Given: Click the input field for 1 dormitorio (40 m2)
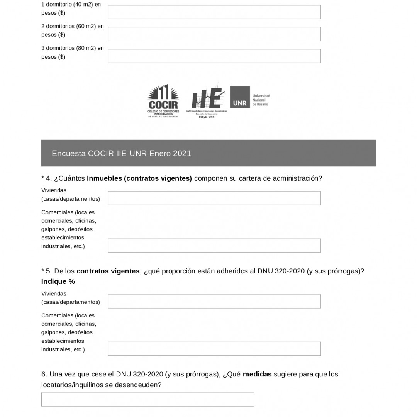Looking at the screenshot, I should pyautogui.click(x=214, y=12).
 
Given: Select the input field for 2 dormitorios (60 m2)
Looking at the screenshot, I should pyautogui.click(x=214, y=34).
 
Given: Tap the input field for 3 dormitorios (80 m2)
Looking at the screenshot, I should pyautogui.click(x=214, y=56).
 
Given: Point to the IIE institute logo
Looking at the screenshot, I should pyautogui.click(x=207, y=100).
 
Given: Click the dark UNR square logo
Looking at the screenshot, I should pyautogui.click(x=240, y=97).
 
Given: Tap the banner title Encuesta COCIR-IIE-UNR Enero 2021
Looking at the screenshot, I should pyautogui.click(x=121, y=153).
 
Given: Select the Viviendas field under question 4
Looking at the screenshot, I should pyautogui.click(x=214, y=198).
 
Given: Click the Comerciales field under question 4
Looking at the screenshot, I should pyautogui.click(x=214, y=246).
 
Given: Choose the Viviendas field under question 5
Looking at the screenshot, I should pyautogui.click(x=214, y=302).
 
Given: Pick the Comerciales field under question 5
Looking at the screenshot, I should pyautogui.click(x=214, y=349).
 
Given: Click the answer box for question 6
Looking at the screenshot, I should pyautogui.click(x=147, y=400).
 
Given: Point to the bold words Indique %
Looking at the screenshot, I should pyautogui.click(x=58, y=281).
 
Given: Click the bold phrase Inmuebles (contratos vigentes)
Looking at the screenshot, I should pyautogui.click(x=139, y=178).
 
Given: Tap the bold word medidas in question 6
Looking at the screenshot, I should pyautogui.click(x=257, y=374).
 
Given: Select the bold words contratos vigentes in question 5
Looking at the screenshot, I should pyautogui.click(x=108, y=271).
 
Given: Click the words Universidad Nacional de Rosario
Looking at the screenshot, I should pyautogui.click(x=261, y=100).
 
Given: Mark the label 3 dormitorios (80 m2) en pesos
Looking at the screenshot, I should pyautogui.click(x=73, y=53).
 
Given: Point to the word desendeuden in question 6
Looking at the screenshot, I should pyautogui.click(x=138, y=385).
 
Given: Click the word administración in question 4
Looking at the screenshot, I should pyautogui.click(x=297, y=178).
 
